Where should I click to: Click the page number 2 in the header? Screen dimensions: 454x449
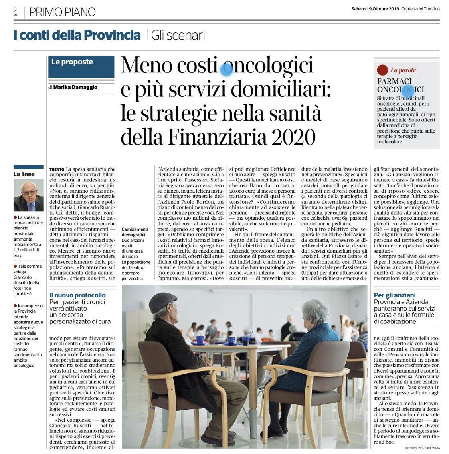pyautogui.click(x=15, y=10)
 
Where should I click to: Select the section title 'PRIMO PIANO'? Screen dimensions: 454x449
pyautogui.click(x=62, y=12)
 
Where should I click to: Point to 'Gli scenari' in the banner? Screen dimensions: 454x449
pyautogui.click(x=178, y=35)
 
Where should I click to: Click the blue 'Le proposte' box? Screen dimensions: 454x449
pyautogui.click(x=81, y=67)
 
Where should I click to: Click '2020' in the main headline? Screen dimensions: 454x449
pyautogui.click(x=294, y=137)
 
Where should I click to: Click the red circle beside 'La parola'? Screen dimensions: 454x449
pyautogui.click(x=382, y=70)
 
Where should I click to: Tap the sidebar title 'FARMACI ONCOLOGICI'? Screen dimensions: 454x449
pyautogui.click(x=400, y=85)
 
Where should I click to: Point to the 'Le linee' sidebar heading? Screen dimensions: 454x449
pyautogui.click(x=24, y=174)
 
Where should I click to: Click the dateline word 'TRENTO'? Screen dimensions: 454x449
pyautogui.click(x=57, y=169)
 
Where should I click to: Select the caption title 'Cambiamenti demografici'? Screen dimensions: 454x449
pyautogui.click(x=135, y=232)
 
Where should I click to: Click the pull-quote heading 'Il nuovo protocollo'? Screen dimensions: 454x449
pyautogui.click(x=77, y=295)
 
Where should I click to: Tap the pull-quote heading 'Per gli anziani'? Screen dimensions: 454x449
pyautogui.click(x=395, y=295)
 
